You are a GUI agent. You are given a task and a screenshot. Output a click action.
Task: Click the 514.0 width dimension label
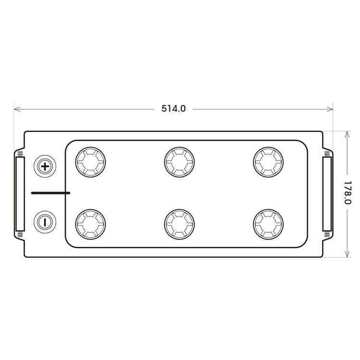[x=173, y=108]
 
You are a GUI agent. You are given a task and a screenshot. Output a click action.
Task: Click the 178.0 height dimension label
[x=348, y=192]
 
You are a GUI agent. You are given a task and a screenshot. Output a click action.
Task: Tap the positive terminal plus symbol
[x=45, y=166]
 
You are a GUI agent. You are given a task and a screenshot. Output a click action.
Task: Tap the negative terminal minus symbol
[x=45, y=222]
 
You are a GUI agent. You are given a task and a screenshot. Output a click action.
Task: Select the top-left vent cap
[x=90, y=162]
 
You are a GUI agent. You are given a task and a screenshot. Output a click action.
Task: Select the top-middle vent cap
[x=180, y=162]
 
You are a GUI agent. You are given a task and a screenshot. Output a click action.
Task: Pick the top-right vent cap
[x=268, y=162]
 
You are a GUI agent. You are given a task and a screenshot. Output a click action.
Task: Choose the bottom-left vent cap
[x=90, y=224]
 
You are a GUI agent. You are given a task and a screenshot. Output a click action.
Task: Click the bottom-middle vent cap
[x=180, y=224]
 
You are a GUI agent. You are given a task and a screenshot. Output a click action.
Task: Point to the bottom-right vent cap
[x=268, y=224]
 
